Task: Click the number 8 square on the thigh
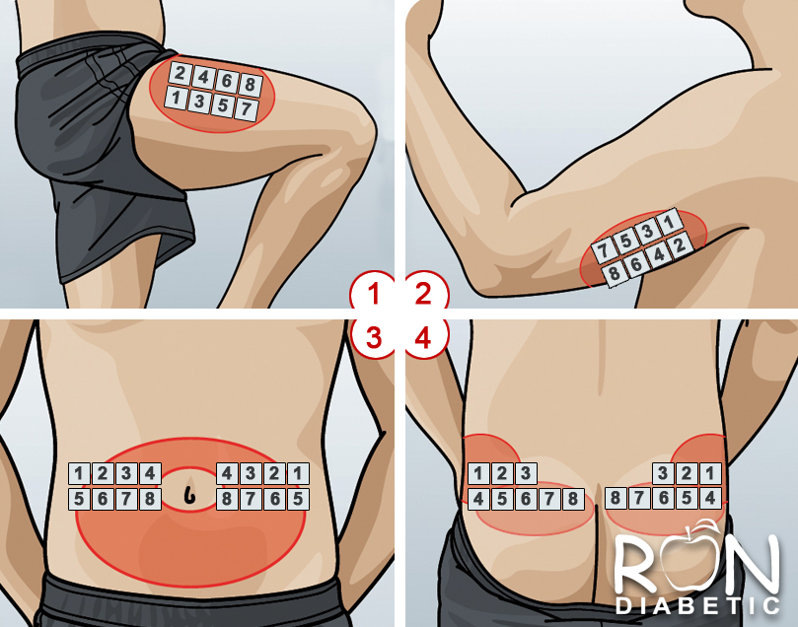250,84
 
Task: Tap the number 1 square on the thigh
177,97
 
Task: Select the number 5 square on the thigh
223,105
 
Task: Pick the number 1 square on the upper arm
668,222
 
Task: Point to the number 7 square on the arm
603,250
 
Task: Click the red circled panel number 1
373,294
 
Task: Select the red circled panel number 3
373,338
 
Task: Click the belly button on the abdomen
189,492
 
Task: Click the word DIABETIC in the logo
697,605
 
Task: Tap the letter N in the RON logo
753,564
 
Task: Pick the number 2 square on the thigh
180,73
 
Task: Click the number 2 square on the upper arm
680,245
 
